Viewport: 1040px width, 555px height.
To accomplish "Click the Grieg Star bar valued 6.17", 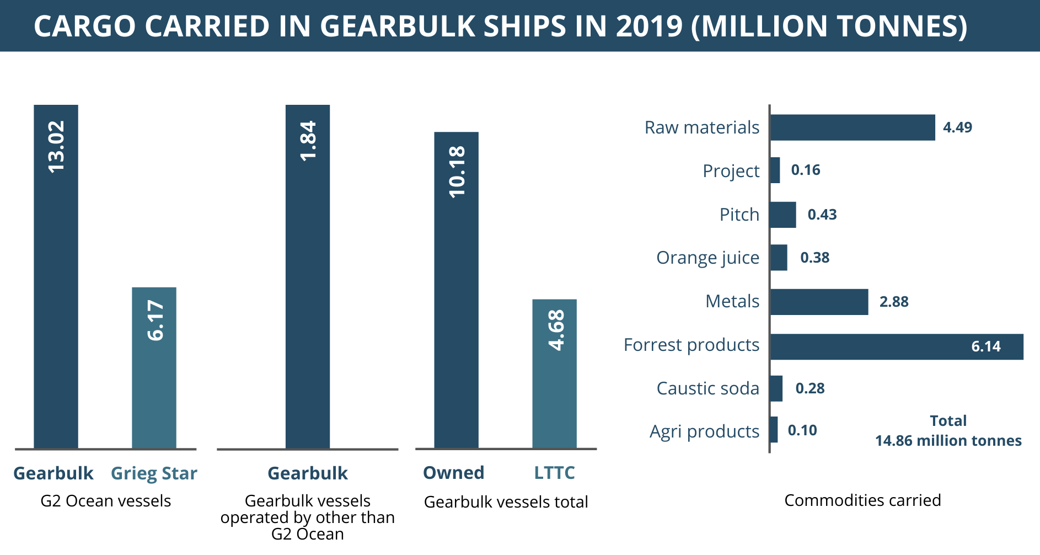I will pos(154,367).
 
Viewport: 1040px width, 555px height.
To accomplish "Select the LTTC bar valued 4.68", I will pos(554,373).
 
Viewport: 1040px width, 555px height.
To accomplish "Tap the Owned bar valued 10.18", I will pos(456,290).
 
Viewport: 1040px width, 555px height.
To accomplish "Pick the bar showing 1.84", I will pos(308,276).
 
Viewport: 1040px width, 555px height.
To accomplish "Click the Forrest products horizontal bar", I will pos(896,347).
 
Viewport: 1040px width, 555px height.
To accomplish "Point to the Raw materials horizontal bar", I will pos(853,127).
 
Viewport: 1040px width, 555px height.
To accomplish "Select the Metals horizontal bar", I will pos(819,302).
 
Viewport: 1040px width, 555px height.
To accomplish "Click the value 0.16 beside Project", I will pos(806,170).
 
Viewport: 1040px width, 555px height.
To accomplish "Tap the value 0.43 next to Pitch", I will pos(822,215).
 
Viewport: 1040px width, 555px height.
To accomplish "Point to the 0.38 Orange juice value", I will pos(814,258).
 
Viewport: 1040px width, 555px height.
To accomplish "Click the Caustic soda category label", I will pos(707,388).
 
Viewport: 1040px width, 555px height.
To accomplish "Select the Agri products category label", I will pos(704,431).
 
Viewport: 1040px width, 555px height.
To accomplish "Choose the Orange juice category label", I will pos(707,258).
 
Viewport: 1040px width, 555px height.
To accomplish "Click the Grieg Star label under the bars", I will pos(154,473).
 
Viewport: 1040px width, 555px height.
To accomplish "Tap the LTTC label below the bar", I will pos(554,473).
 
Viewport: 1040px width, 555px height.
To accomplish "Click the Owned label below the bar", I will pos(453,473).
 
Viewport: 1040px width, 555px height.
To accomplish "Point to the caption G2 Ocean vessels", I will pos(106,501).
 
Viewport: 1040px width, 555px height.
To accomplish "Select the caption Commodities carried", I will pos(862,500).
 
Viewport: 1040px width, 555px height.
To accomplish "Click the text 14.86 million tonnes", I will pos(948,441).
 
